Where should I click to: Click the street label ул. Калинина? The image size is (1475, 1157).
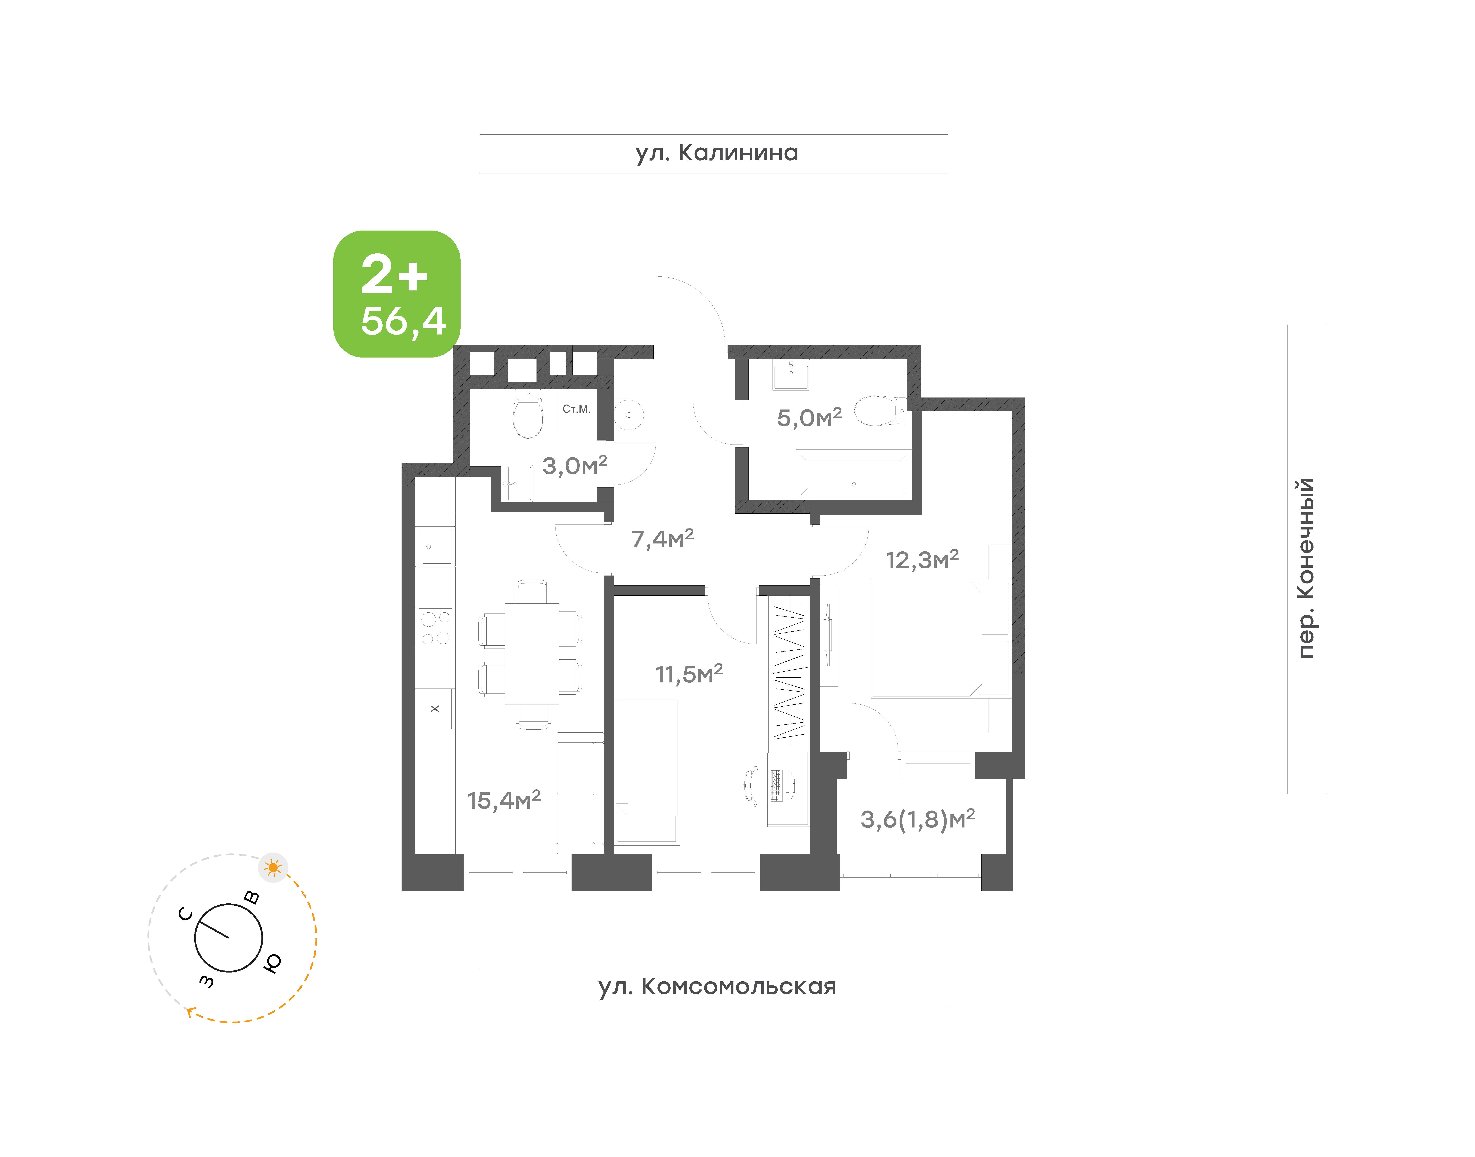717,153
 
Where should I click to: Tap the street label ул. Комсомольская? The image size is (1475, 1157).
717,987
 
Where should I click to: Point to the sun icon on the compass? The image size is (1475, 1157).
273,867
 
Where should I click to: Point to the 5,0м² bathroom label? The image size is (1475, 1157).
809,417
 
